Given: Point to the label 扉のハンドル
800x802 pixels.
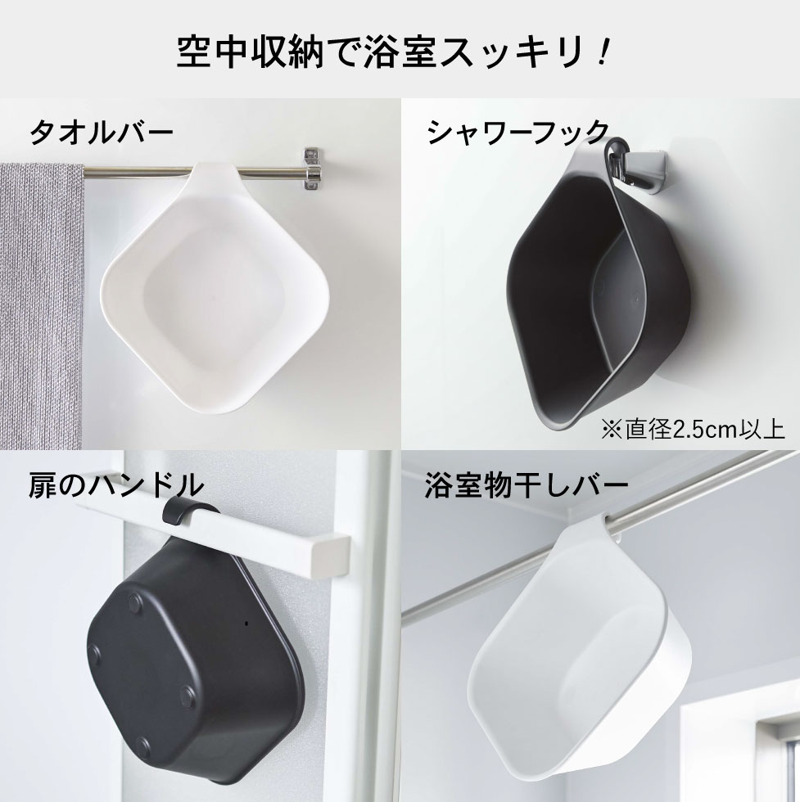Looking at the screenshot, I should pyautogui.click(x=115, y=484).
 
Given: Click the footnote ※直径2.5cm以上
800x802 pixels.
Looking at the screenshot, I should pyautogui.click(x=693, y=429).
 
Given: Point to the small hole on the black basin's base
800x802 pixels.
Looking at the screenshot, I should pyautogui.click(x=245, y=624).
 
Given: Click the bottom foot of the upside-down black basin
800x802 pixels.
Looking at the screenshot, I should pyautogui.click(x=144, y=746).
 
